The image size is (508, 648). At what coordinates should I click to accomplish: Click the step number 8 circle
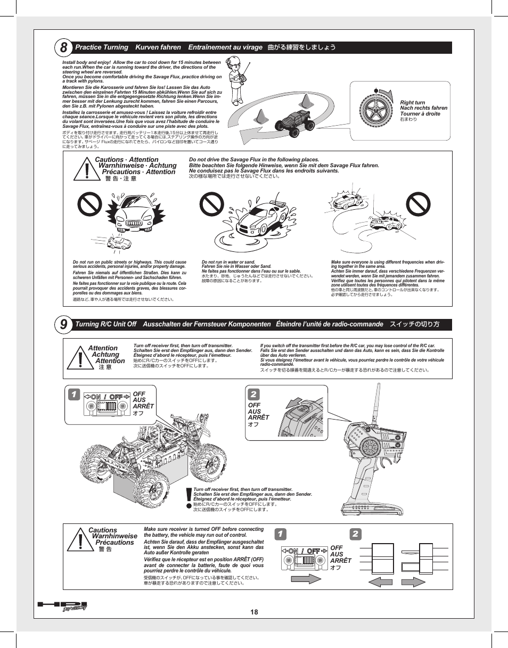[63, 47]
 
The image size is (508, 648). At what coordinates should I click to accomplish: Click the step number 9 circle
[63, 324]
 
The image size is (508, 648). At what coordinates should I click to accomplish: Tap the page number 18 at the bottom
[254, 612]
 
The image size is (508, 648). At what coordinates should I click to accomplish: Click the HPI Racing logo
[61, 606]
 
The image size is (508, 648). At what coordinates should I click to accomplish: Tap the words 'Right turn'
[413, 102]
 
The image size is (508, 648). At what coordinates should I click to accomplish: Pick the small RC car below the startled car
[119, 243]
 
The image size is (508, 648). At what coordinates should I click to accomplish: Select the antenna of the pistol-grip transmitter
[379, 394]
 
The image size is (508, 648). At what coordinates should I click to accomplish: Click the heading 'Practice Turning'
[102, 47]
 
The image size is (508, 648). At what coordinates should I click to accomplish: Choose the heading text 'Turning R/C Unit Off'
[106, 324]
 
